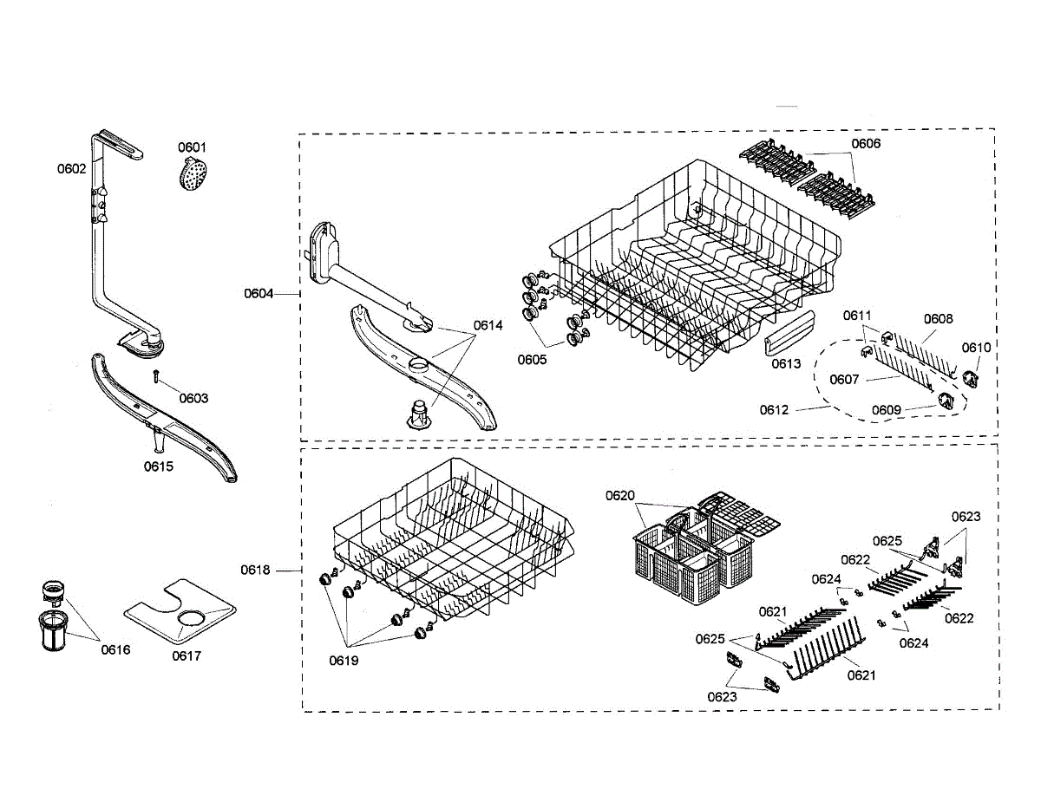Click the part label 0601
[x=192, y=147]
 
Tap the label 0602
[x=72, y=169]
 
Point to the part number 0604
[x=259, y=294]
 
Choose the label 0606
[x=865, y=144]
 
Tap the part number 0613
[x=786, y=364]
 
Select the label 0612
[x=775, y=410]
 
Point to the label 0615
[x=158, y=466]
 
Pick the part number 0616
[x=115, y=649]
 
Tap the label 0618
[x=256, y=571]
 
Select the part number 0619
[x=344, y=661]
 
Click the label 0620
[x=620, y=496]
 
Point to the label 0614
[x=488, y=326]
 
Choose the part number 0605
[x=533, y=360]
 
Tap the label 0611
[x=857, y=315]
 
